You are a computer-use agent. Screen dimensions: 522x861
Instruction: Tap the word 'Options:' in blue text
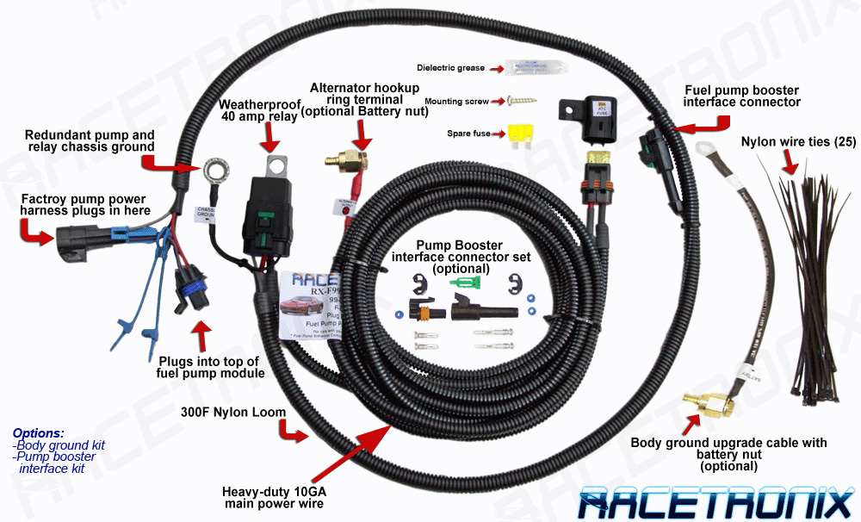point(39,433)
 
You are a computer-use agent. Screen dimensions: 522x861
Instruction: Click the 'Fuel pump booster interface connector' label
point(741,96)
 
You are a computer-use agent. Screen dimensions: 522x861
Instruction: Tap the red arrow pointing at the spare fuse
point(498,134)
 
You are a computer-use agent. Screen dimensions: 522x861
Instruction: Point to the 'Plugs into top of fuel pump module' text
point(209,368)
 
